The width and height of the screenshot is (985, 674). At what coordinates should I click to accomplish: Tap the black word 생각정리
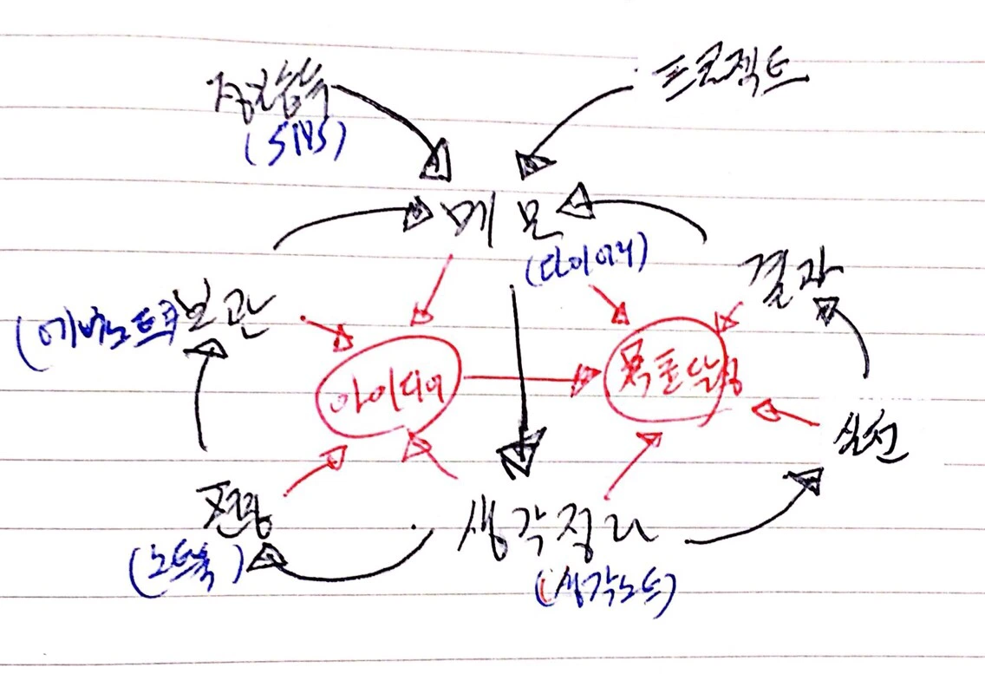click(556, 526)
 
